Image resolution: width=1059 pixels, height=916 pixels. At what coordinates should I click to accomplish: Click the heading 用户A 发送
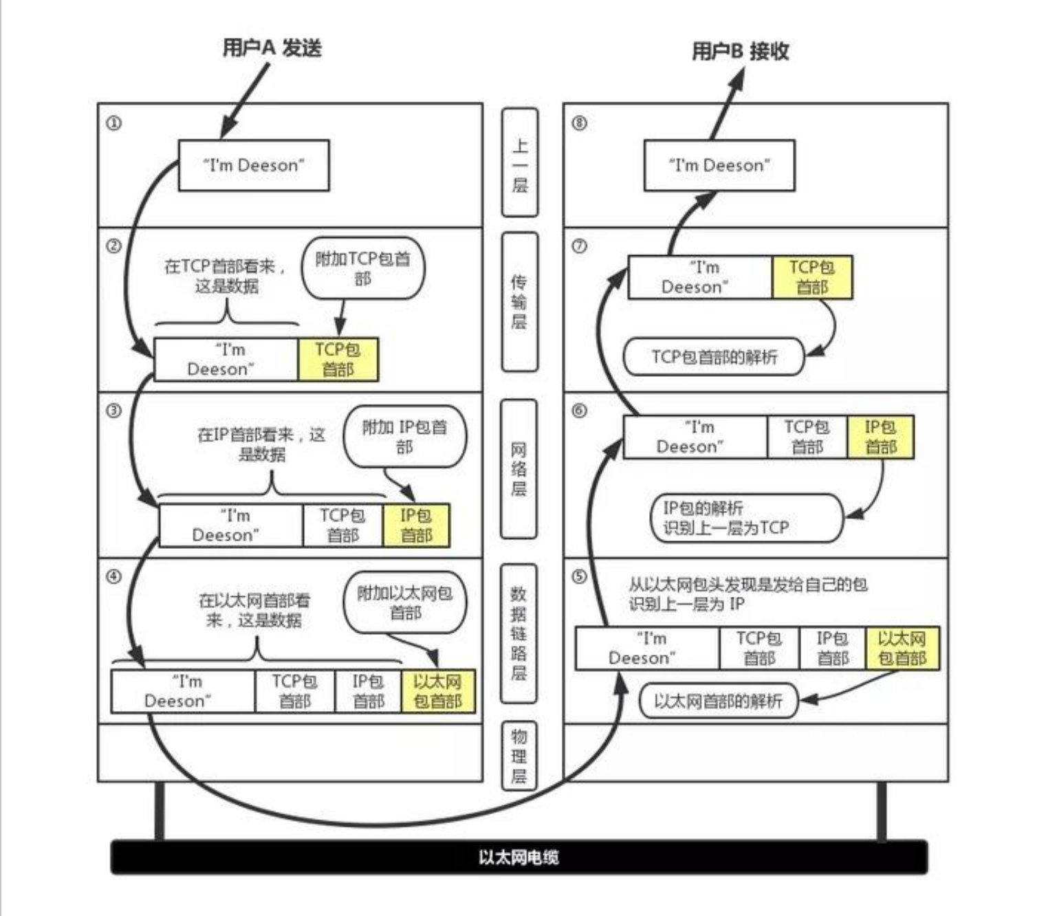[x=272, y=48]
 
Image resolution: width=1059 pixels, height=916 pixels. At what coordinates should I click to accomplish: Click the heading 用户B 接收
[x=741, y=51]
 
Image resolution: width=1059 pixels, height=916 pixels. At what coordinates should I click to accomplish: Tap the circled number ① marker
[x=113, y=124]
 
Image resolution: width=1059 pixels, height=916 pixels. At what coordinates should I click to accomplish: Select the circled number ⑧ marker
[x=580, y=123]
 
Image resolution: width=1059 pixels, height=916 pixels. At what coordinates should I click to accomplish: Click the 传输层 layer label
[x=519, y=302]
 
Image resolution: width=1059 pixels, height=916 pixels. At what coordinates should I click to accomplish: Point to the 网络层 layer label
[x=518, y=469]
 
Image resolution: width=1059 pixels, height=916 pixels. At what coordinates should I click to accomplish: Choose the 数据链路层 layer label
[x=518, y=634]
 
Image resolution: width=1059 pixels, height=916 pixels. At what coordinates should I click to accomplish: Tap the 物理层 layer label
[x=518, y=756]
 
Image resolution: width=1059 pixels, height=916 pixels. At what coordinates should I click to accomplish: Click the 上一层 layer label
[x=519, y=162]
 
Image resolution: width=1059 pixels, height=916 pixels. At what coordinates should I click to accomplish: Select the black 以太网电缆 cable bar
[x=519, y=858]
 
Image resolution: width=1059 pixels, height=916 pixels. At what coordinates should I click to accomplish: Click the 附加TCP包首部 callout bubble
[x=362, y=268]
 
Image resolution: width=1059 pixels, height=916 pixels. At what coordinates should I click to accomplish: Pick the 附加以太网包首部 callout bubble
[x=405, y=602]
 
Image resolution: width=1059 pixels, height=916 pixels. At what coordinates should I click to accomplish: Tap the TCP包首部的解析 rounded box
[x=714, y=356]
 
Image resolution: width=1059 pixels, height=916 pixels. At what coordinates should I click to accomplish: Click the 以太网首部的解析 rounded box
[x=719, y=701]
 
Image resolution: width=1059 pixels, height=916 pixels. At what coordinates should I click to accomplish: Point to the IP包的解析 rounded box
[x=747, y=518]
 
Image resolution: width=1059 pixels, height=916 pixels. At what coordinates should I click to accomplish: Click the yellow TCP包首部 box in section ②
[x=338, y=360]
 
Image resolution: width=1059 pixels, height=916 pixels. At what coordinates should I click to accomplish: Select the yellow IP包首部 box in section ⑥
[x=881, y=437]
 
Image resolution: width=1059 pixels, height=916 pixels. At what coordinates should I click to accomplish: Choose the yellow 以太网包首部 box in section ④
[x=438, y=691]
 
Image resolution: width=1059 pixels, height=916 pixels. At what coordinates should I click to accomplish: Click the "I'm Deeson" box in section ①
[x=254, y=166]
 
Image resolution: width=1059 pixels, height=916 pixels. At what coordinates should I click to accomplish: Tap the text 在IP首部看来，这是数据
[x=261, y=444]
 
